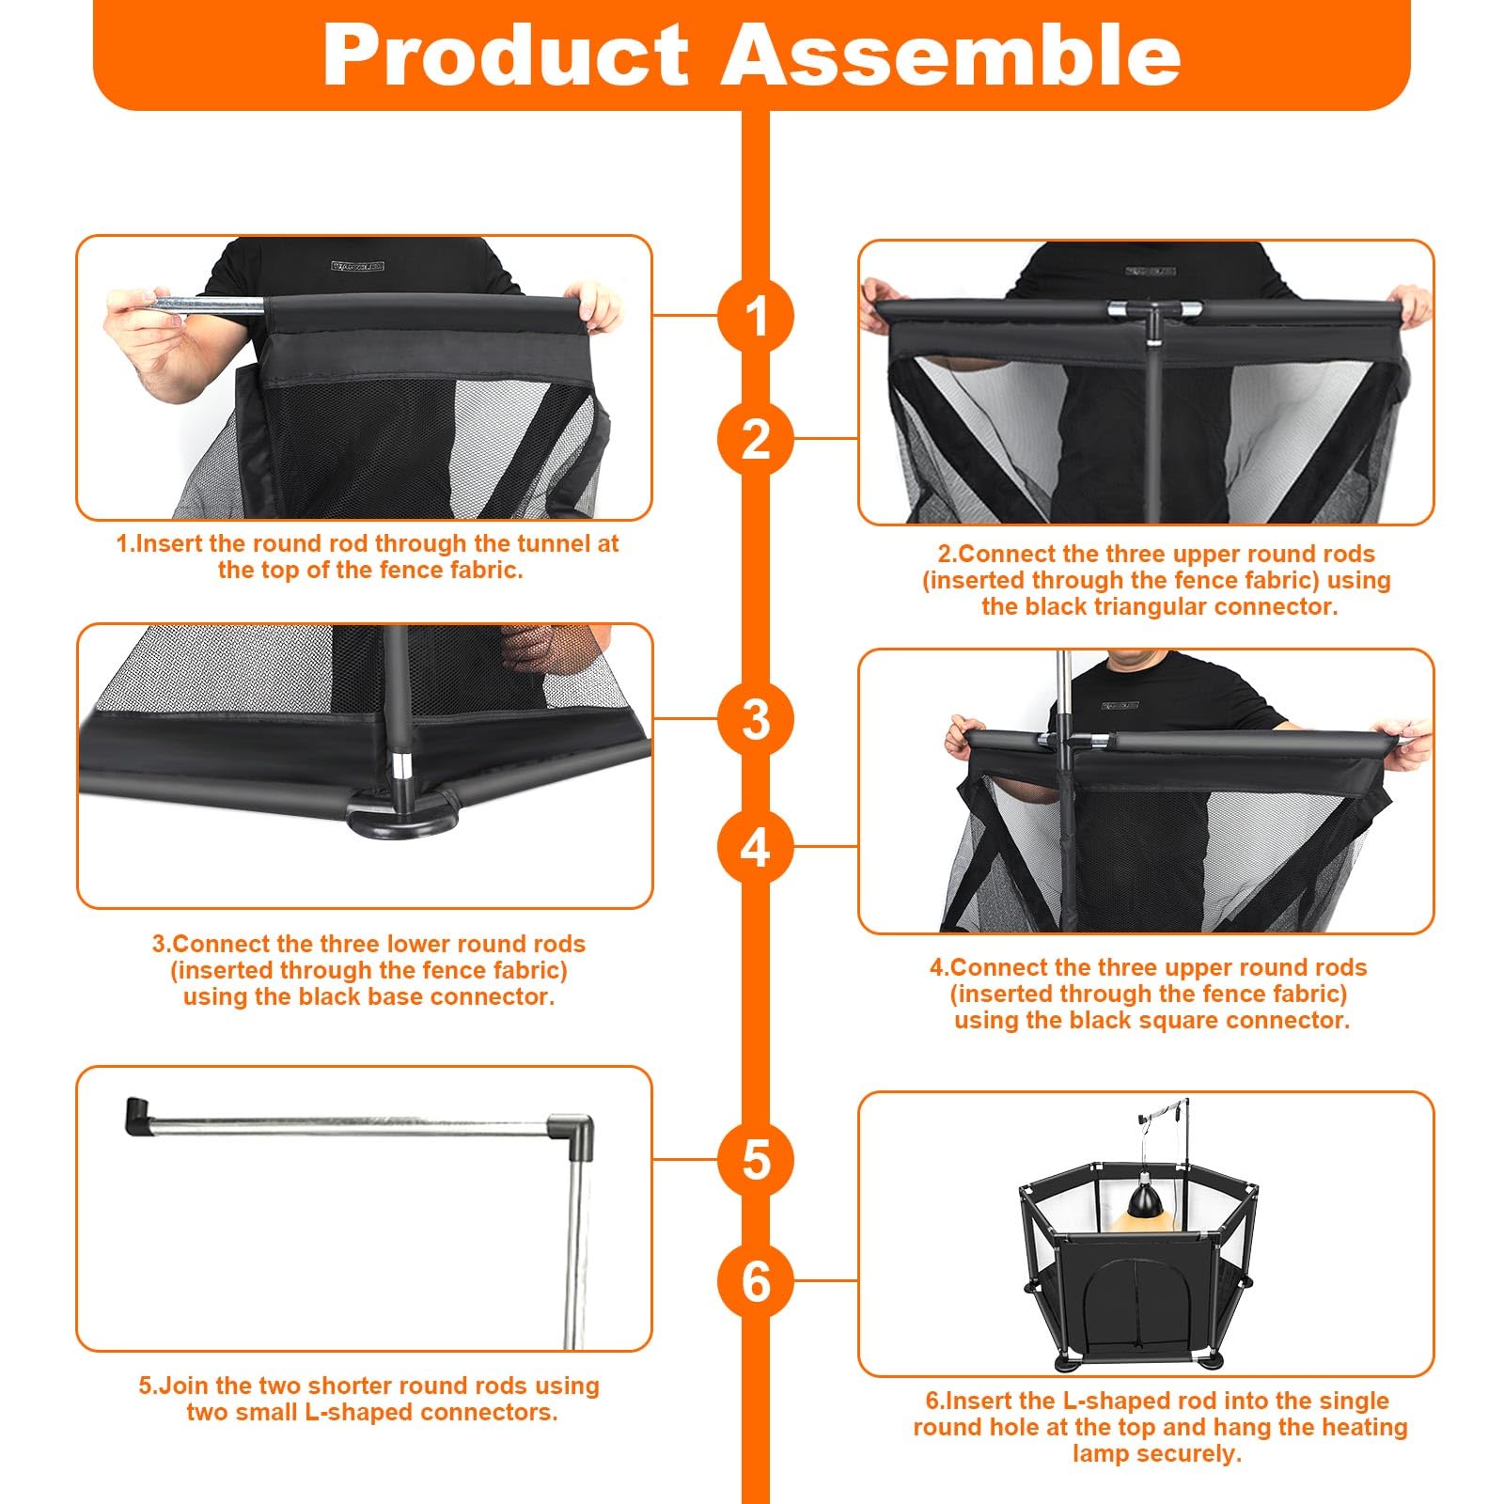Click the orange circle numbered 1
[x=756, y=316]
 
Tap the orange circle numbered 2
[x=756, y=439]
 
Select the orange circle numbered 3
[x=756, y=720]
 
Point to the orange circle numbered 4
[x=756, y=847]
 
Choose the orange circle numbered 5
[x=756, y=1159]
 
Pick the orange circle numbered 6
[x=756, y=1281]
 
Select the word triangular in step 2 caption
[x=1151, y=606]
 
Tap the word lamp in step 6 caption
[x=1100, y=1453]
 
